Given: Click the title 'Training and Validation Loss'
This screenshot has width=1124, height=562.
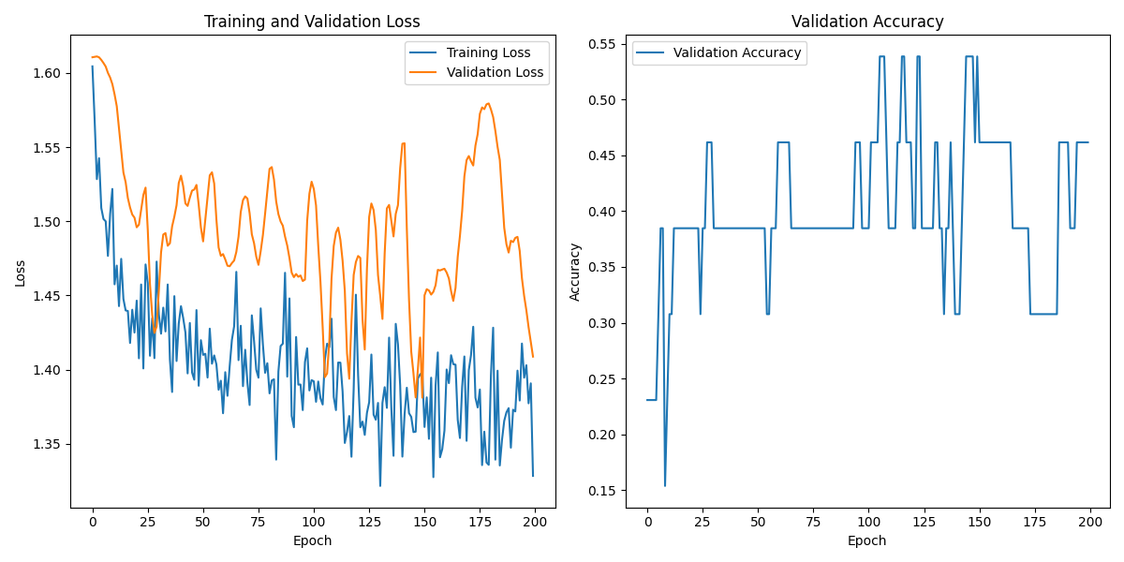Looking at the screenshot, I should (x=312, y=22).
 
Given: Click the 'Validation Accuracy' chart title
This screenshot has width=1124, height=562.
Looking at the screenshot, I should (x=867, y=22).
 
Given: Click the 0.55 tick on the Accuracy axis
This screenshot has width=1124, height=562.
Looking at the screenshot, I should (x=601, y=44).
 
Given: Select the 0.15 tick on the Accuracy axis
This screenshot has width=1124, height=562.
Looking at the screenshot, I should (x=601, y=491).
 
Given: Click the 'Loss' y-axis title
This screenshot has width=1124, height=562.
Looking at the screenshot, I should (x=20, y=273).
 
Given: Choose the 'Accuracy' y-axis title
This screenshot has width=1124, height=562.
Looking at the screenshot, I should (x=574, y=273).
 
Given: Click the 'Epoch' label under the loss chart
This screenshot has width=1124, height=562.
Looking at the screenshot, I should (x=312, y=540).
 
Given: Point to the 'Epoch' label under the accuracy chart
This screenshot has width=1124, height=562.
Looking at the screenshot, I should (x=867, y=540).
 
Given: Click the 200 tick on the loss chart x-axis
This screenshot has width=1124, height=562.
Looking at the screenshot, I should (x=535, y=519).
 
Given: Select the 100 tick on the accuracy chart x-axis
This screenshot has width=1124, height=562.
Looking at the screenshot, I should (x=868, y=519).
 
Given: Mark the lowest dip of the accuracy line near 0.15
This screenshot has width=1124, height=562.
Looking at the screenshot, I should (x=665, y=485).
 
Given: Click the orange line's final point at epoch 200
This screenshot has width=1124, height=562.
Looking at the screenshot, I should (x=533, y=356).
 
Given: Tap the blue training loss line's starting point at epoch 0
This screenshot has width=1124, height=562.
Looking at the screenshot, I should (x=92, y=67).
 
